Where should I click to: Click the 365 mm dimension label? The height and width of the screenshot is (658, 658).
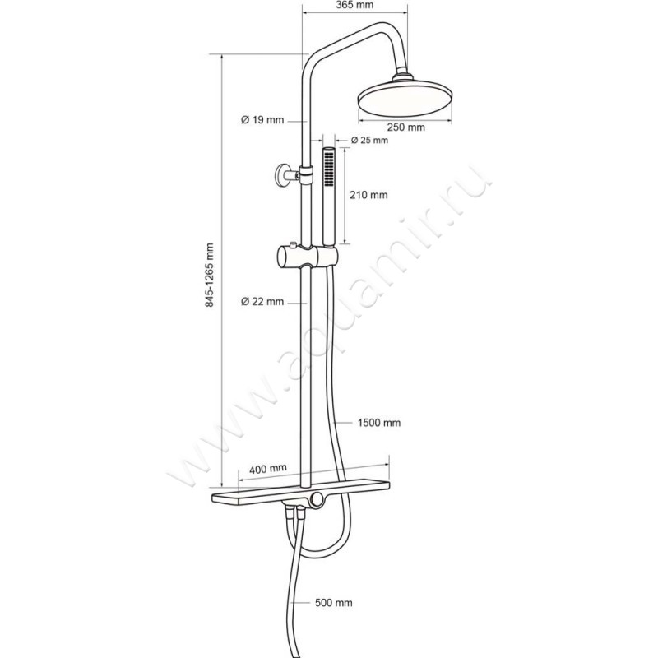click(x=354, y=6)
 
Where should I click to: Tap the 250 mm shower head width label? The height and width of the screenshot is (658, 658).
click(x=405, y=127)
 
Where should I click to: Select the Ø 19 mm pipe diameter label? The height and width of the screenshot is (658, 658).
click(x=262, y=120)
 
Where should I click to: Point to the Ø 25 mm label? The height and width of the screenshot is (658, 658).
click(x=369, y=140)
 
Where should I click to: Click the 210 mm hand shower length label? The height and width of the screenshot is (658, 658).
click(x=368, y=195)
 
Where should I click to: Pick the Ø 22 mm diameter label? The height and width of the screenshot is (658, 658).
click(x=262, y=301)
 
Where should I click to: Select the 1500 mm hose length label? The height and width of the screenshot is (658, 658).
click(x=379, y=423)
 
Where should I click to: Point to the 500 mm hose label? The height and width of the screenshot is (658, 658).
click(x=334, y=603)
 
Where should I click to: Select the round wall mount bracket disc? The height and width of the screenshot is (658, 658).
click(x=280, y=175)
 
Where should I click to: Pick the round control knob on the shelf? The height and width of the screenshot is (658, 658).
click(x=317, y=499)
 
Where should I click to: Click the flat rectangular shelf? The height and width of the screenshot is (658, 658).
click(x=300, y=490)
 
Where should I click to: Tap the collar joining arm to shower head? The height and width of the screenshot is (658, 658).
click(x=403, y=77)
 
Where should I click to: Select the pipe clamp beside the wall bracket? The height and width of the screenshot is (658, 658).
click(x=307, y=174)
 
